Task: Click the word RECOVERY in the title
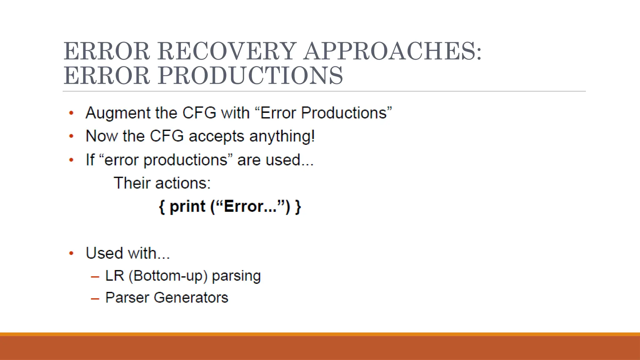[227, 52]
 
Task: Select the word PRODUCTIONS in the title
[250, 76]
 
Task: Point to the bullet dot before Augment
[72, 113]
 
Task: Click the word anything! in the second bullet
[282, 137]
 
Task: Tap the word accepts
[216, 137]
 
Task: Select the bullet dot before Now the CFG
[72, 136]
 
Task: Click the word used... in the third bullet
[290, 160]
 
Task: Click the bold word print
[187, 207]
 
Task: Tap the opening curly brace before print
[162, 207]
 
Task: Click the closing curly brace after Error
[298, 207]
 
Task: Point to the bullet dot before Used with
[72, 253]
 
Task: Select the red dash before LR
[95, 277]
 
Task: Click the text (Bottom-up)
[168, 276]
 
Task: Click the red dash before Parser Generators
[95, 299]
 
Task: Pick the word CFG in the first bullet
[199, 113]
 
